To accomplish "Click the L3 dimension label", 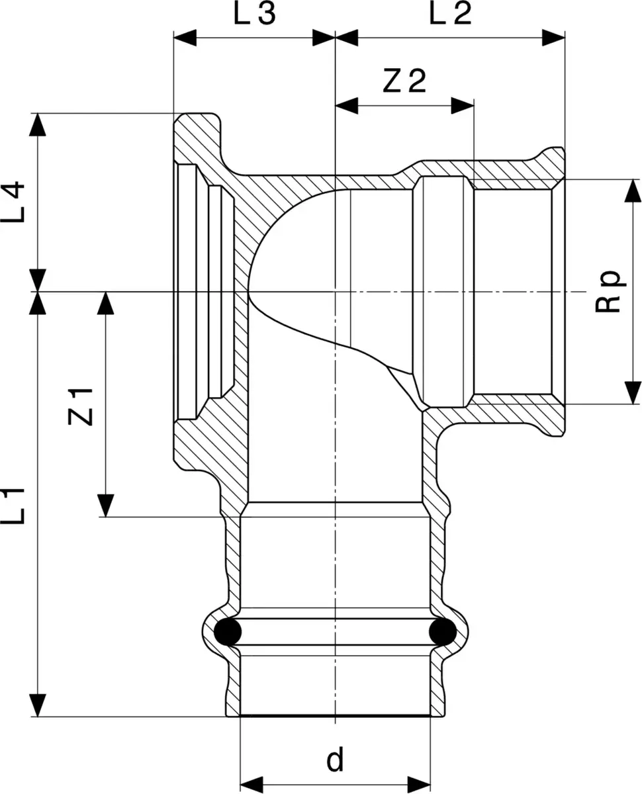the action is coord(255,13).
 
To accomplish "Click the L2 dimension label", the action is coord(450,13).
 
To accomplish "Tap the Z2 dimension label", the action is coord(404,81).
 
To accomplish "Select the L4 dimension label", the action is coord(13,202).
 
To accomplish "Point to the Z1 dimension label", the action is coord(80,407).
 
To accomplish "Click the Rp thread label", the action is coord(608,291).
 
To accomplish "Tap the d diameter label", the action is coord(335,750).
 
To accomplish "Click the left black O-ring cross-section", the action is coord(228,632).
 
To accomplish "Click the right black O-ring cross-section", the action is coord(443,632).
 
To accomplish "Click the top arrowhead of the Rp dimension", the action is coord(632,191).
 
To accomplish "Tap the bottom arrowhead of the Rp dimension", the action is coord(632,392).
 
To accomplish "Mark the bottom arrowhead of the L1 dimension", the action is coord(38,705).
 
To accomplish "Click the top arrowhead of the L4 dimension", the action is coord(38,124).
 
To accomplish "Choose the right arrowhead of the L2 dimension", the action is coord(553,38).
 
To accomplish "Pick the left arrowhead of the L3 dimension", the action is coord(185,38).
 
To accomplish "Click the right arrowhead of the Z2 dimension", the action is coord(462,105).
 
